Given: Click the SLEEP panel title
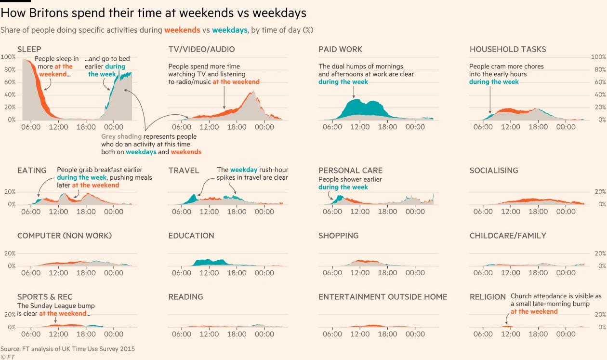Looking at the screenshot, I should (29, 49).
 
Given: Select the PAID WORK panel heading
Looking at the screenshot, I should (340, 49).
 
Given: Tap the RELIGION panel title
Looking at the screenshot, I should (488, 297).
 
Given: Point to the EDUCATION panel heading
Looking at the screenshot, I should (191, 236).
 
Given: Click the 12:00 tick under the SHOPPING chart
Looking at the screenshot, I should (360, 273).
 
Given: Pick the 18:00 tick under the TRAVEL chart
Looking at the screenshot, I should (237, 212).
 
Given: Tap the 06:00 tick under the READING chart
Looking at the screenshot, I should (182, 334).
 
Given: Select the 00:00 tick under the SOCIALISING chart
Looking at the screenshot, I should (566, 212).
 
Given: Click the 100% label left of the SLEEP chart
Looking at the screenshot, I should (8, 57).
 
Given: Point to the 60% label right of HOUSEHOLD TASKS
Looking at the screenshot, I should (599, 82).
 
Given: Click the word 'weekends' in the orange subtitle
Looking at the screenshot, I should (182, 30).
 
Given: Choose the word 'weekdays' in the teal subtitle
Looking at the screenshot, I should (229, 30).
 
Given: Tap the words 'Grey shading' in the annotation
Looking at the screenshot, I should (121, 136).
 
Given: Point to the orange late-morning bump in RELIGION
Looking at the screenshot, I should (506, 326).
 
